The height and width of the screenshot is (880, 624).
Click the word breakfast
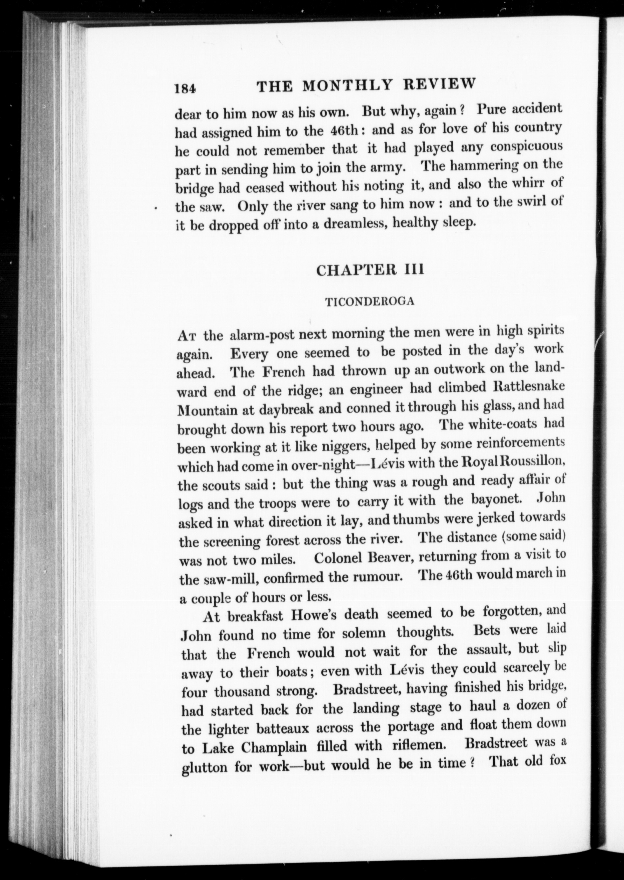coord(255,616)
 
